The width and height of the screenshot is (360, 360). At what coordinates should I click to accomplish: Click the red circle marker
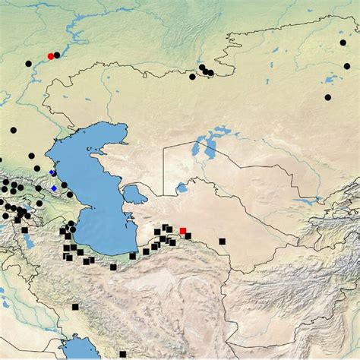coord(50,56)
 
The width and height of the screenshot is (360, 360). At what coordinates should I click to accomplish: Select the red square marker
coord(182,230)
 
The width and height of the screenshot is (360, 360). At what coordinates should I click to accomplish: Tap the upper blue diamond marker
coord(52,173)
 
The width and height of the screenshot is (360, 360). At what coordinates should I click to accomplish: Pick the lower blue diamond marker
coord(54,188)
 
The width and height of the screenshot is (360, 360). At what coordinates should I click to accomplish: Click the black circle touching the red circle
coord(57,55)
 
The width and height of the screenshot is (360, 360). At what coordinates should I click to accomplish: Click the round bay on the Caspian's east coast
coord(135,194)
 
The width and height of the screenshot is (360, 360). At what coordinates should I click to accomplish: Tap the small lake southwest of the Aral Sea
coord(181,188)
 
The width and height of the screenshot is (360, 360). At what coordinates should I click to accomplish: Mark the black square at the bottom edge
coord(122,354)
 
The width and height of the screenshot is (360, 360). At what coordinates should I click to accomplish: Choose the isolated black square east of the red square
coord(222,241)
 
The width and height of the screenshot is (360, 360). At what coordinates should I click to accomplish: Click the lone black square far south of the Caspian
coord(75,308)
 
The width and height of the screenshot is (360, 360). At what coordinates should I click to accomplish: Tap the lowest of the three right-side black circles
coord(327,97)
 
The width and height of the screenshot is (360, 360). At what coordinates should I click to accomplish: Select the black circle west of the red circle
coord(28,64)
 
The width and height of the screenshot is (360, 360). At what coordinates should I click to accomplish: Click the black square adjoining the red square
coord(188,235)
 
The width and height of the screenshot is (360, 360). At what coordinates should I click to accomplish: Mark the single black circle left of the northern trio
coord(192,76)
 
